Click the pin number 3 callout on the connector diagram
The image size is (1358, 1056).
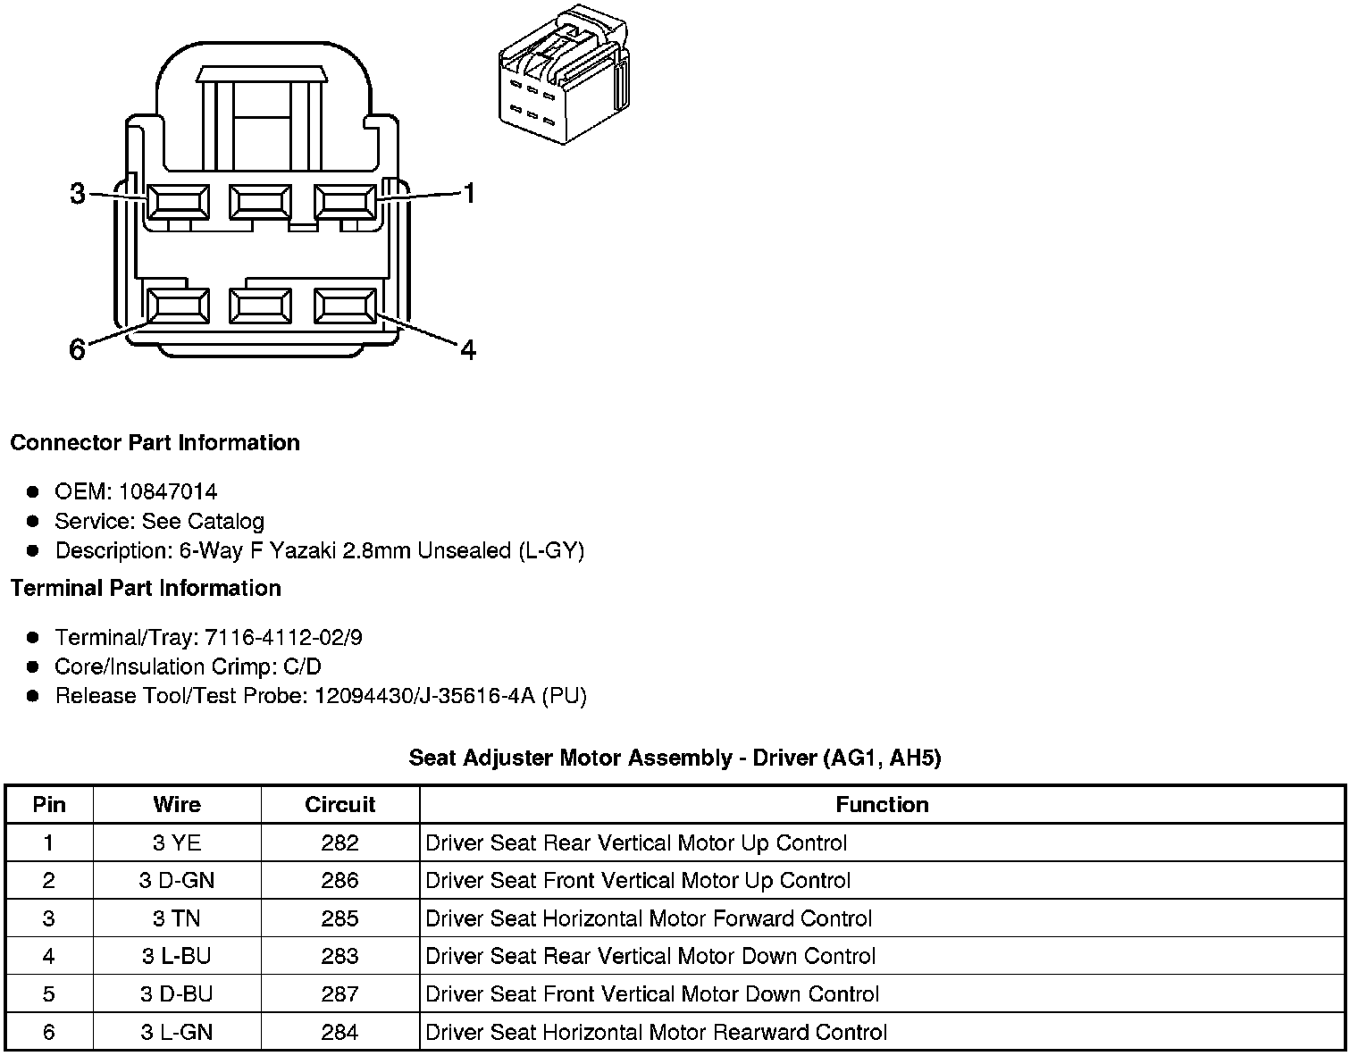(78, 193)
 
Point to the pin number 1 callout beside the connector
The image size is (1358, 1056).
(469, 193)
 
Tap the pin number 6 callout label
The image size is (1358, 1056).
(78, 350)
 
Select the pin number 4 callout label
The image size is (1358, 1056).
(469, 350)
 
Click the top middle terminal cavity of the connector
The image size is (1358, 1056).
(260, 202)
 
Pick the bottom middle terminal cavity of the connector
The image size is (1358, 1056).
(260, 306)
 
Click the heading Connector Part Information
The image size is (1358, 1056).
(155, 443)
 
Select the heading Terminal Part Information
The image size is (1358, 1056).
(146, 589)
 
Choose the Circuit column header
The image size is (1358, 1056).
(340, 805)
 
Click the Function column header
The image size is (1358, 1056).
(882, 805)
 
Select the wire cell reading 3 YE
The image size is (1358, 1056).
(177, 843)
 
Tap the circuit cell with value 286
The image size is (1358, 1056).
(340, 881)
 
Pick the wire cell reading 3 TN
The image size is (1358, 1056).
(177, 919)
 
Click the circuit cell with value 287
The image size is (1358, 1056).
(340, 994)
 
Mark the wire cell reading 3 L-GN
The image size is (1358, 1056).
(177, 1033)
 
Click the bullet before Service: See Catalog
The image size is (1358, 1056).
(33, 521)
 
